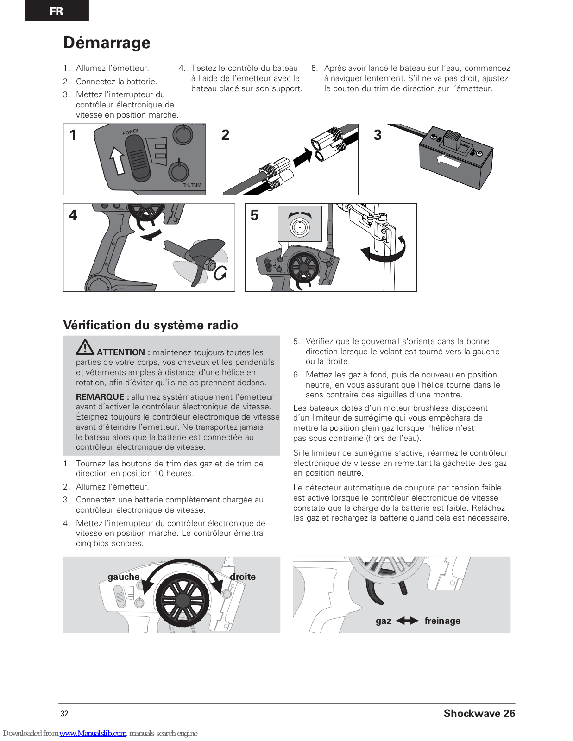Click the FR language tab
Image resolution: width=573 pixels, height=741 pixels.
(x=57, y=11)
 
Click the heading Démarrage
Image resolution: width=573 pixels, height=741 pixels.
(x=107, y=43)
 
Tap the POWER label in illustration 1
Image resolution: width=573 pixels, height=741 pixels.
(x=130, y=132)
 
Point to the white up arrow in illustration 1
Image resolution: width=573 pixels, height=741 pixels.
(x=117, y=160)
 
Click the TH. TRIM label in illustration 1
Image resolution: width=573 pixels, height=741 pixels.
(x=192, y=185)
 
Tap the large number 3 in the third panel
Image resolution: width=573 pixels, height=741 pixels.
(x=378, y=135)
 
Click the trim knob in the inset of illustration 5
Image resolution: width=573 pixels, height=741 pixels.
(x=299, y=227)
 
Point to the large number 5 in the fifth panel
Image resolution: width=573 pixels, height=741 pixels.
(x=254, y=215)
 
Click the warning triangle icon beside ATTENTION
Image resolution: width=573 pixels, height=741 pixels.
(x=85, y=347)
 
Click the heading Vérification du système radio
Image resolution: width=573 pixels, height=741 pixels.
(x=151, y=325)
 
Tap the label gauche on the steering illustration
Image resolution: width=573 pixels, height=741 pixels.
(x=123, y=577)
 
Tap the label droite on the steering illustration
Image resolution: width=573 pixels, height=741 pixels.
(x=243, y=577)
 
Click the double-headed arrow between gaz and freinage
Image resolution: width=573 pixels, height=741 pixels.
(x=407, y=621)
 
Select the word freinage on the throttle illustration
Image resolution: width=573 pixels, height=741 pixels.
(x=442, y=621)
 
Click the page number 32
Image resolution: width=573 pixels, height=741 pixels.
(x=64, y=714)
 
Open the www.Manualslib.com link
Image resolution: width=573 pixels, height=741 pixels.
(x=93, y=733)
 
